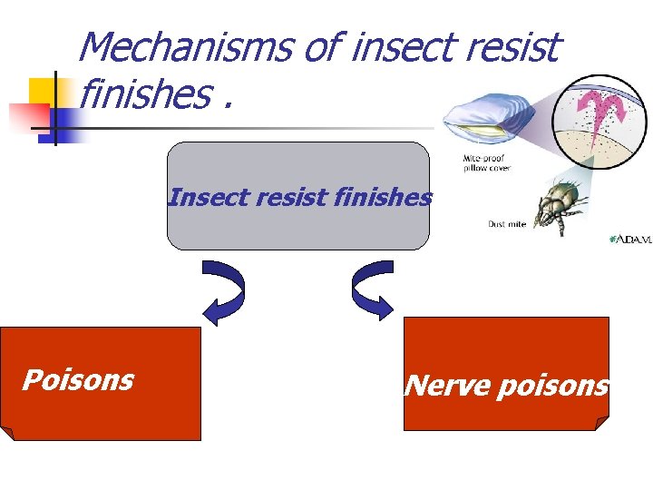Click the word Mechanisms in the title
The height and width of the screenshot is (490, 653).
186,47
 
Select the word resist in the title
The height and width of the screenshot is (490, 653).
516,47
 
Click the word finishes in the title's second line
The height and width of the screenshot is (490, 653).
144,93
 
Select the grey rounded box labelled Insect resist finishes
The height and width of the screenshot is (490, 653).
297,227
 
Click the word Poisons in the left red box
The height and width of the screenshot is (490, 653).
78,379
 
